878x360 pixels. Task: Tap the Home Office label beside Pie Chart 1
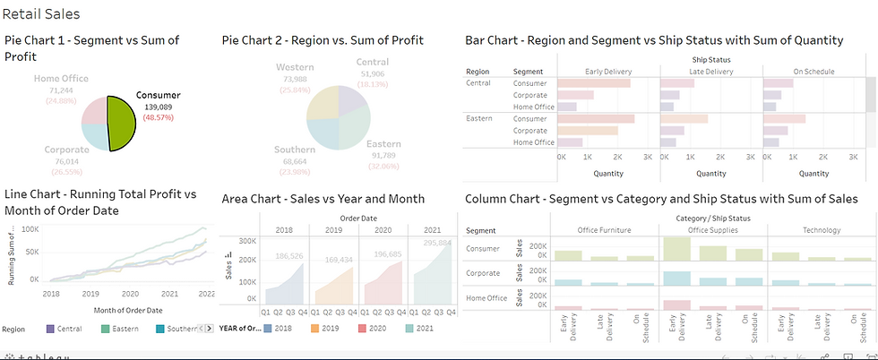pos(61,79)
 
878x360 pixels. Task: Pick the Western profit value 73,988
pos(294,79)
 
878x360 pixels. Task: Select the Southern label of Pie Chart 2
pos(295,150)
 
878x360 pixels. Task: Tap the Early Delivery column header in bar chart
pos(608,71)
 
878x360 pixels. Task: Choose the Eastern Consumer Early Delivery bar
pos(596,118)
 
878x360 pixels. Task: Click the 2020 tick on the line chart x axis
pos(131,293)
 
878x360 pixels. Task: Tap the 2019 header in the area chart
pos(333,229)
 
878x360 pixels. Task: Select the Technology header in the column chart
pos(821,230)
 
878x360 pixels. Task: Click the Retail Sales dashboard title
pos(41,13)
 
